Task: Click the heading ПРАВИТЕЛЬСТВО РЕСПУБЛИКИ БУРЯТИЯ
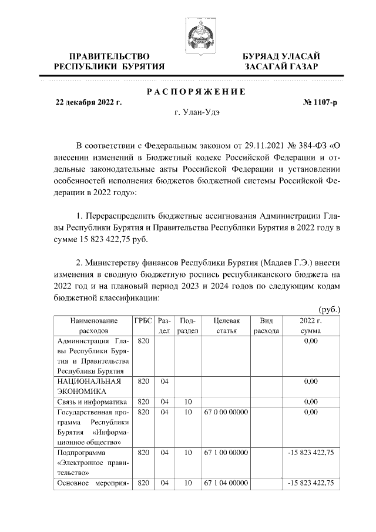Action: (x=109, y=61)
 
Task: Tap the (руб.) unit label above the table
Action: (x=329, y=309)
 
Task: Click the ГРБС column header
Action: (x=143, y=321)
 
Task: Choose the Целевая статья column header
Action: (x=226, y=326)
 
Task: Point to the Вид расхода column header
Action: (x=266, y=326)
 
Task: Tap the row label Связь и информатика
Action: (x=92, y=402)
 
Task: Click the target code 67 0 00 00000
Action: (x=226, y=413)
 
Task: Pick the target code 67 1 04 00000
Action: (x=226, y=483)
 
